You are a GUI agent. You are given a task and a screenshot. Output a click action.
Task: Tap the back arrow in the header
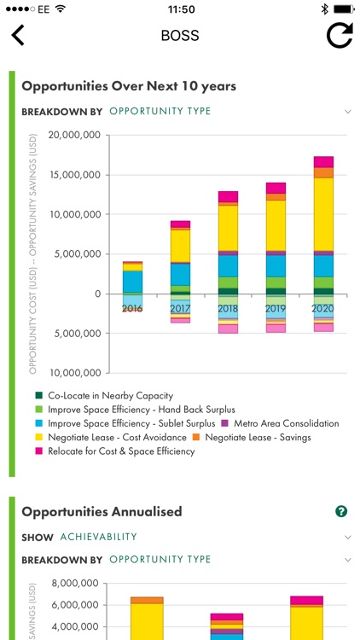tap(18, 36)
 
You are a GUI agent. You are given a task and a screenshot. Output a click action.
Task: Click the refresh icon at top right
tap(340, 36)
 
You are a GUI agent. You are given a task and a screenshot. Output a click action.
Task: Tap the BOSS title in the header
tap(179, 37)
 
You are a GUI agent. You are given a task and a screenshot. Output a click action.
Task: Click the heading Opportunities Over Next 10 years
tap(129, 86)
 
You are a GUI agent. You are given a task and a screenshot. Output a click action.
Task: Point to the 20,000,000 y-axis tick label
tap(75, 135)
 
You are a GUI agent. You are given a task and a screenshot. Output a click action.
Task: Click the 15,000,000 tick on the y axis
tap(75, 175)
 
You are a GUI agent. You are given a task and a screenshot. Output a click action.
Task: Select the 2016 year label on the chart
tap(132, 308)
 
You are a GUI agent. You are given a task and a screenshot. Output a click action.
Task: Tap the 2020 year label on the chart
tap(323, 308)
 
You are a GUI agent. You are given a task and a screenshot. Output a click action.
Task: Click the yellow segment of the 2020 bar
tap(323, 213)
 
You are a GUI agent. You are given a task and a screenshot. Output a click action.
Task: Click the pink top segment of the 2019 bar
tap(276, 188)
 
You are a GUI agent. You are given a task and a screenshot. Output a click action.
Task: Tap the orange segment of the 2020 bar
tap(323, 172)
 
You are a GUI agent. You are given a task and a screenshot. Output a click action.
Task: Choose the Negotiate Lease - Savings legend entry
tap(255, 437)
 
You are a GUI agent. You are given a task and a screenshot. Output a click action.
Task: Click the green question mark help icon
tap(341, 511)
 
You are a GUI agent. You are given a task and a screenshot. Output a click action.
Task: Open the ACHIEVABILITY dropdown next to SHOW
tap(99, 537)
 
